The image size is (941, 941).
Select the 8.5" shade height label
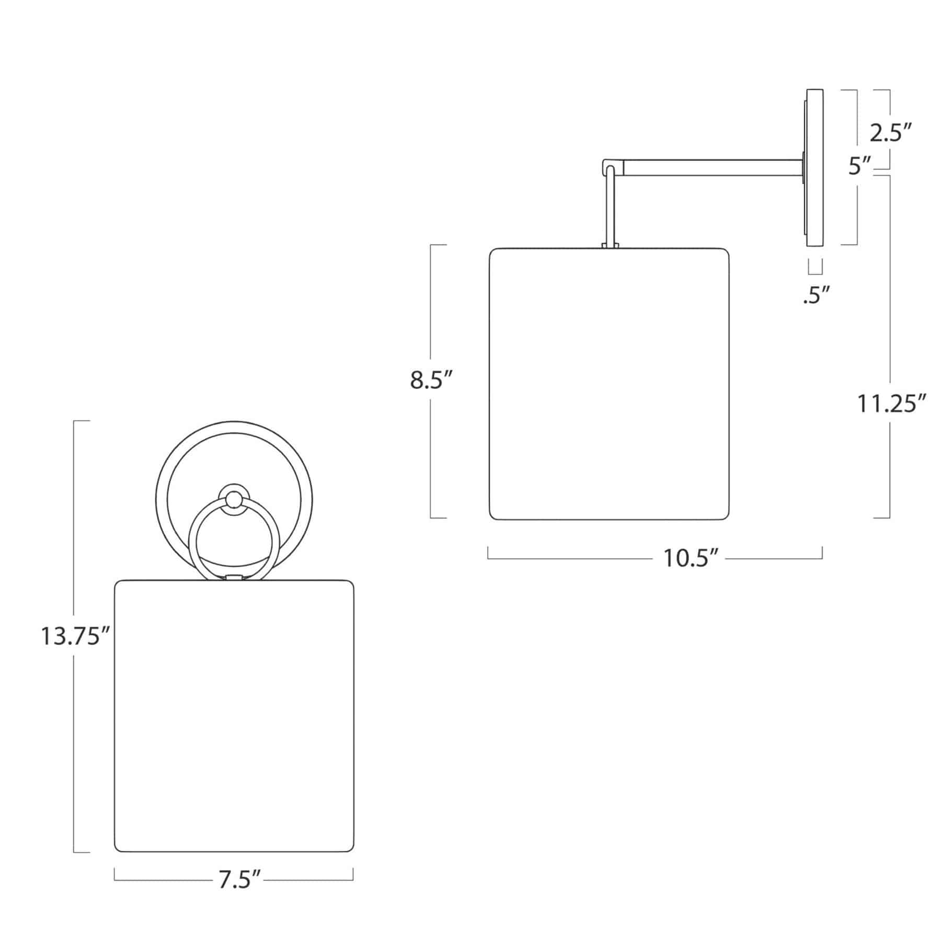[x=430, y=380]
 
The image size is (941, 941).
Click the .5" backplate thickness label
[x=816, y=296]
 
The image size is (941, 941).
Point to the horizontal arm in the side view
[x=711, y=168]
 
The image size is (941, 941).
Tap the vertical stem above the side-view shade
[x=611, y=209]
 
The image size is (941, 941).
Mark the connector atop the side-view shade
[x=611, y=245]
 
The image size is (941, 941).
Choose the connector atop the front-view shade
[x=234, y=578]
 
